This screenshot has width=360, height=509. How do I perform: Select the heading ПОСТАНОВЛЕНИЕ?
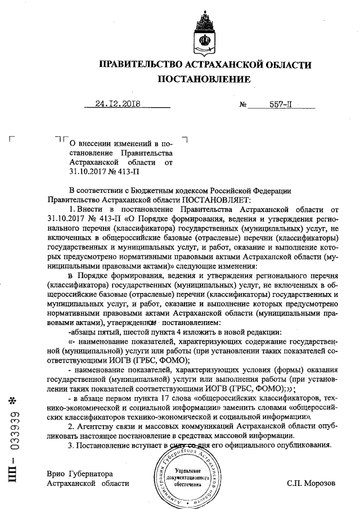tap(203, 80)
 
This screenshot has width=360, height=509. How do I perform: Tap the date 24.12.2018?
tap(118, 103)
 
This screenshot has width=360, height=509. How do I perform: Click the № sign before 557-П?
tap(244, 104)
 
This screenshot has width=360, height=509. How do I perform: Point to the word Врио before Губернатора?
tap(57, 474)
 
